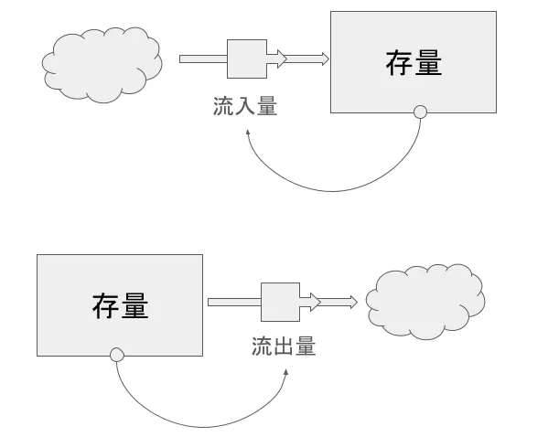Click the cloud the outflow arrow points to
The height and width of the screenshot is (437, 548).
point(424,301)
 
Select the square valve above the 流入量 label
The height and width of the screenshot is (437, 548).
point(247,59)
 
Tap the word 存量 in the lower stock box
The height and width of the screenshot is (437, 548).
point(120,304)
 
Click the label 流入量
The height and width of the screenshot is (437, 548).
point(245,107)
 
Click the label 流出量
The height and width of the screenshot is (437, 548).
point(284,347)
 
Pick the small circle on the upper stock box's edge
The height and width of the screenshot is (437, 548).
point(420,113)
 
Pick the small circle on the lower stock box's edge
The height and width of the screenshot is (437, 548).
point(116,355)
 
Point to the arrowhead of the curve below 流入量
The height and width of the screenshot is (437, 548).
point(247,133)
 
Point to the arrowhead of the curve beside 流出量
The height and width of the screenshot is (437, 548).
point(286,373)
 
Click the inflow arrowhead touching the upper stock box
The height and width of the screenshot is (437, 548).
point(322,59)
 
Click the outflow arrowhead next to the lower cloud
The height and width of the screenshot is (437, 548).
point(352,302)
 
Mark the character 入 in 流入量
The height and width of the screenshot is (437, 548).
point(245,107)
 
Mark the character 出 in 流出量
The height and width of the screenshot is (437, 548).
point(284,347)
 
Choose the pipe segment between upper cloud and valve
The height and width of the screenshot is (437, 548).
point(202,59)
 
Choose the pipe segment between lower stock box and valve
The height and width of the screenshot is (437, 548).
point(233,302)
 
